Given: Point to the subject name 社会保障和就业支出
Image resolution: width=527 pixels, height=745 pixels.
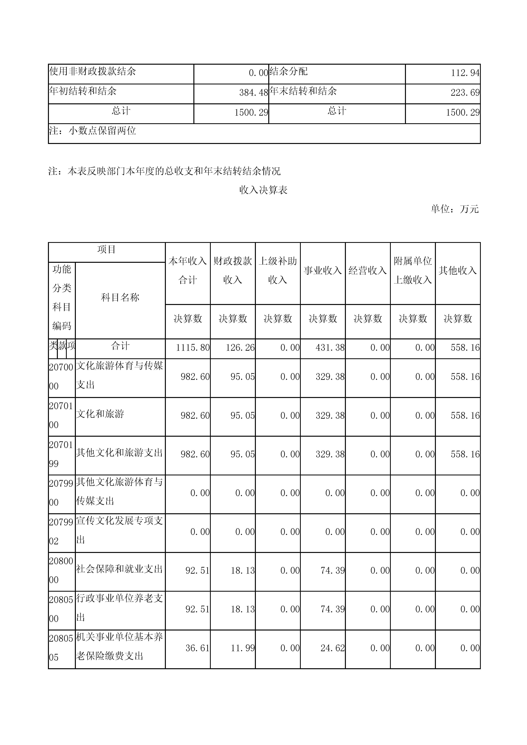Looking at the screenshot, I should [x=119, y=569].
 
